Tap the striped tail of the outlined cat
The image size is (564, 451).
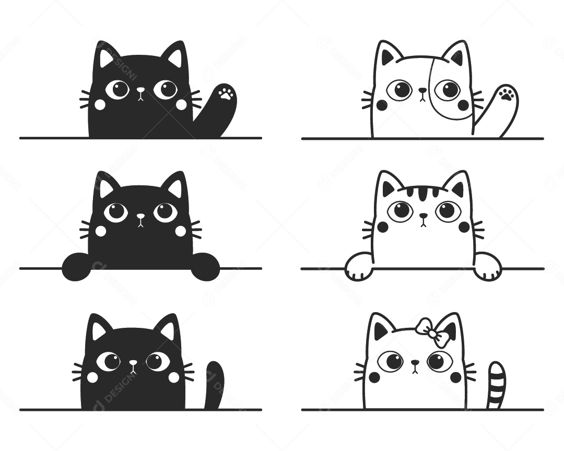pos(495,386)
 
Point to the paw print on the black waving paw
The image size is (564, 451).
pos(226,94)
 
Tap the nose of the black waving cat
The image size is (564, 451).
pos(140,90)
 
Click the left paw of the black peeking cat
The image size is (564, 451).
pos(76,266)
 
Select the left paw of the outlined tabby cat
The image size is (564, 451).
pos(359,266)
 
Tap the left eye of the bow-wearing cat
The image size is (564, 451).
pos(391,361)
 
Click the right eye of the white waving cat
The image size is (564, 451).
pos(448,90)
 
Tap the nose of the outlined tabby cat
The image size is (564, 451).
pos(423,215)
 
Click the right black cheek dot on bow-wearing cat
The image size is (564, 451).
pos(456,377)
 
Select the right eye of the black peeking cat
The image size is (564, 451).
pos(166,211)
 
